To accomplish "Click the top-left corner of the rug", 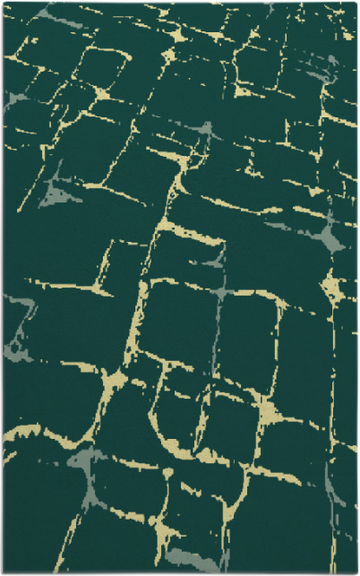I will (x=3, y=3).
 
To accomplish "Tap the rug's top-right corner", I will (x=356, y=3).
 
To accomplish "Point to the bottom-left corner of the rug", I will (x=3, y=572).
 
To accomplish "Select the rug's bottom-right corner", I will (x=356, y=572).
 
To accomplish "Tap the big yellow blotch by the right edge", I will (x=330, y=288).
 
